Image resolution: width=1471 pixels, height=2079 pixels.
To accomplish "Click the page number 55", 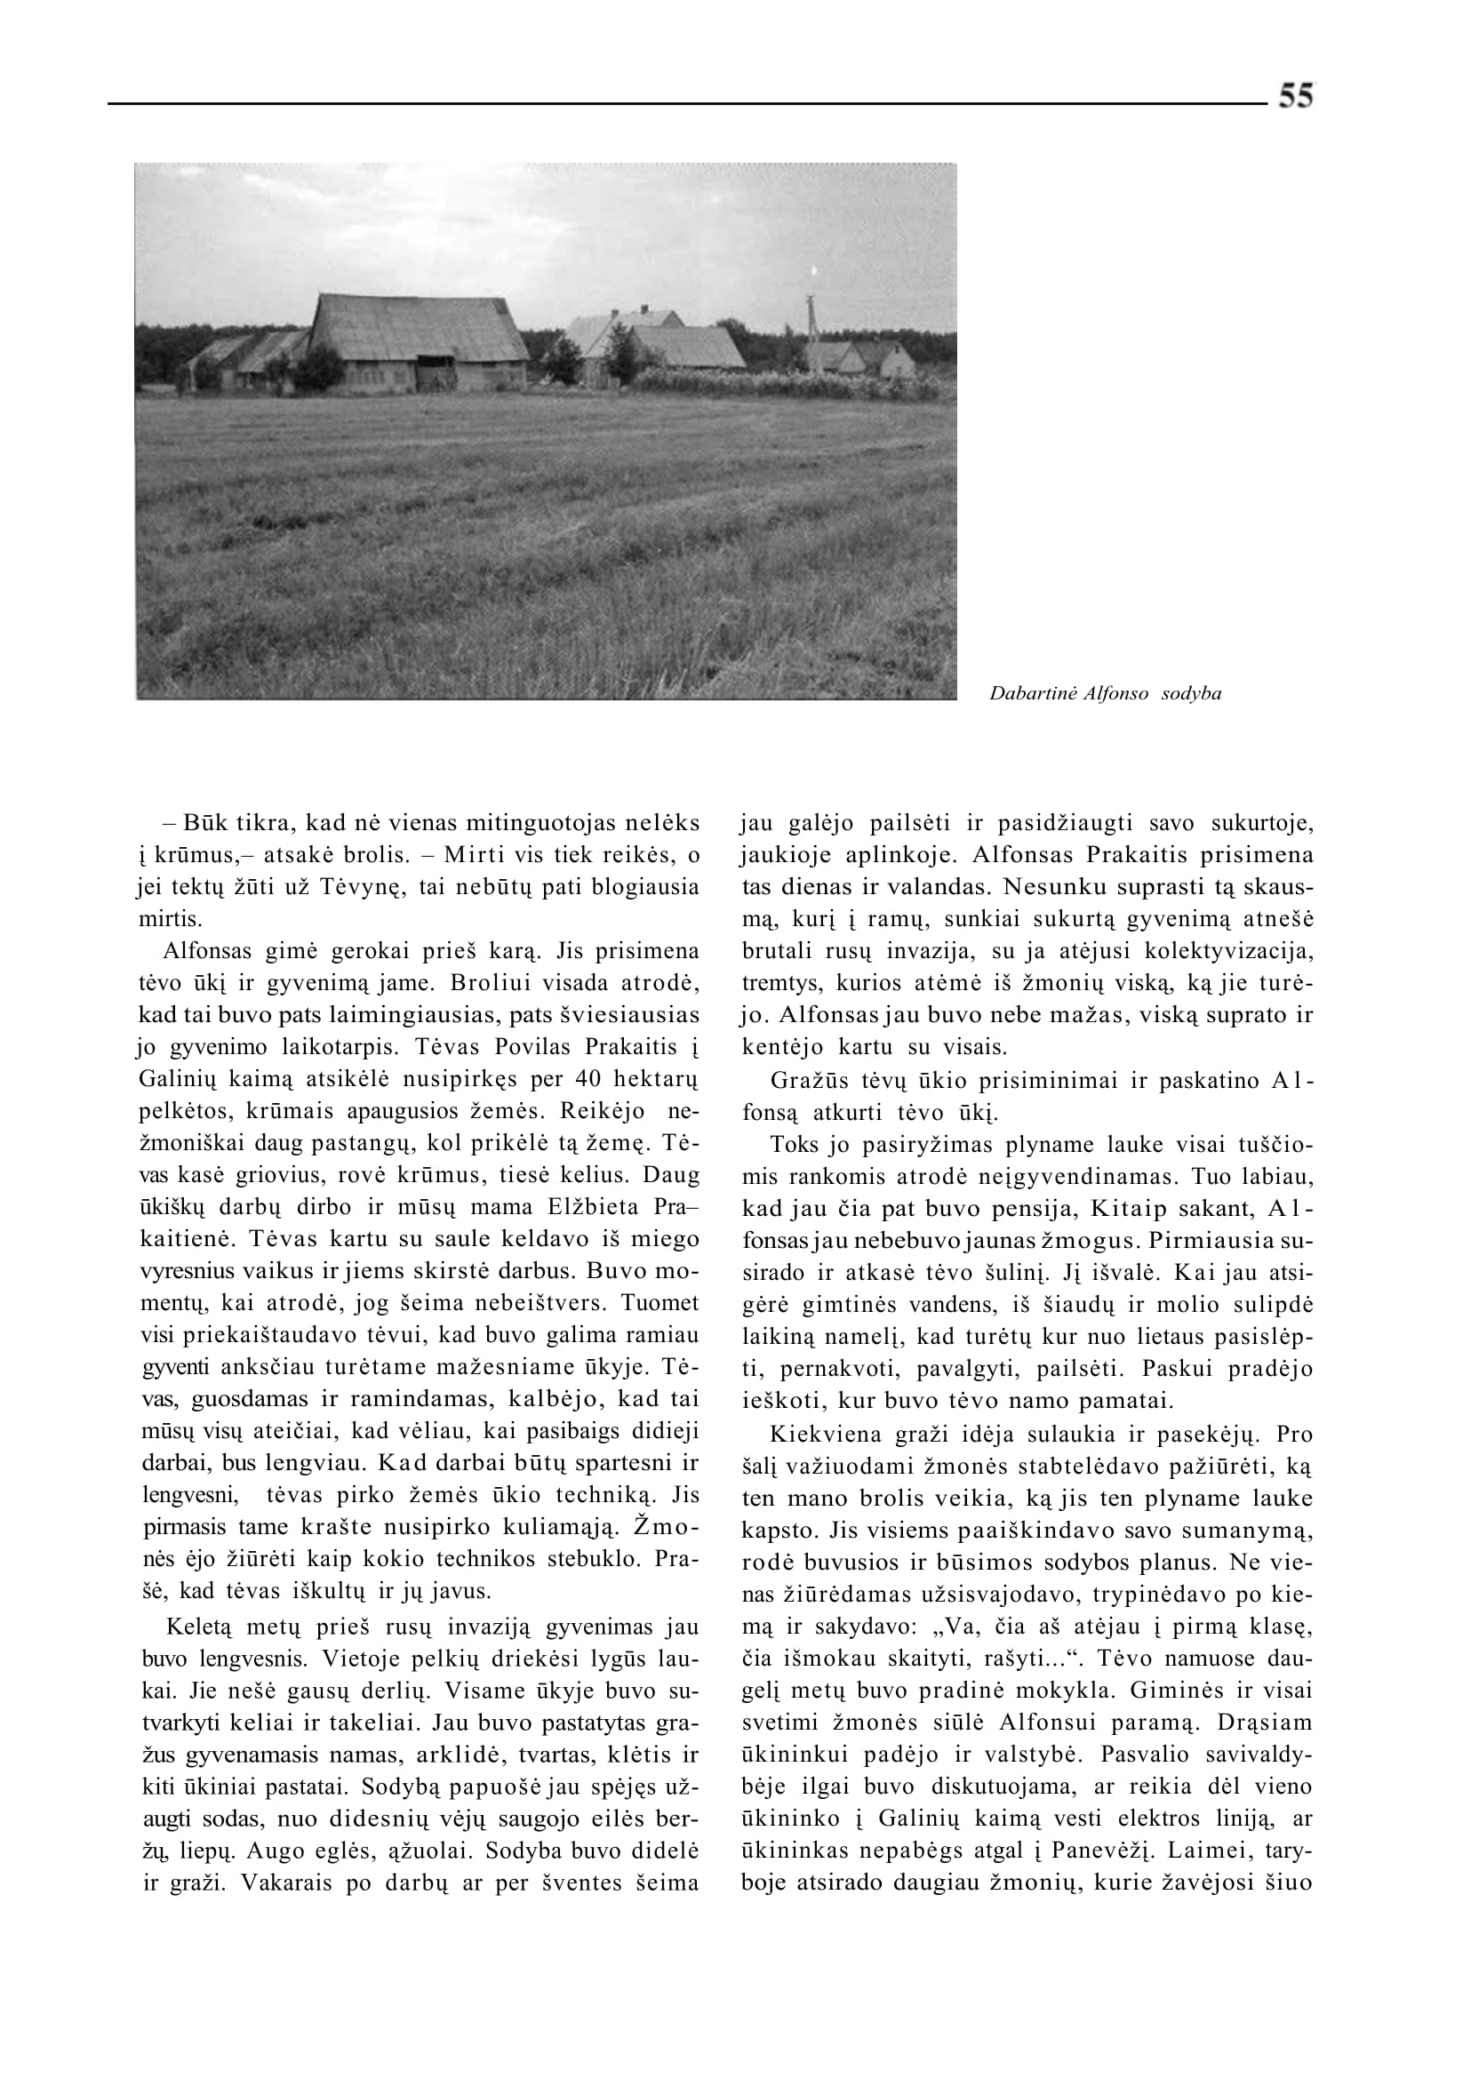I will tap(1295, 95).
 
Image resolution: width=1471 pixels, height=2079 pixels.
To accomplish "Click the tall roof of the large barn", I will tap(417, 325).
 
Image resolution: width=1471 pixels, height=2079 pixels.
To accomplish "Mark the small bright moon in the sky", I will tap(813, 269).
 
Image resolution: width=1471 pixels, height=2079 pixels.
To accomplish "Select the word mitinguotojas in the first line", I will tap(531, 823).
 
